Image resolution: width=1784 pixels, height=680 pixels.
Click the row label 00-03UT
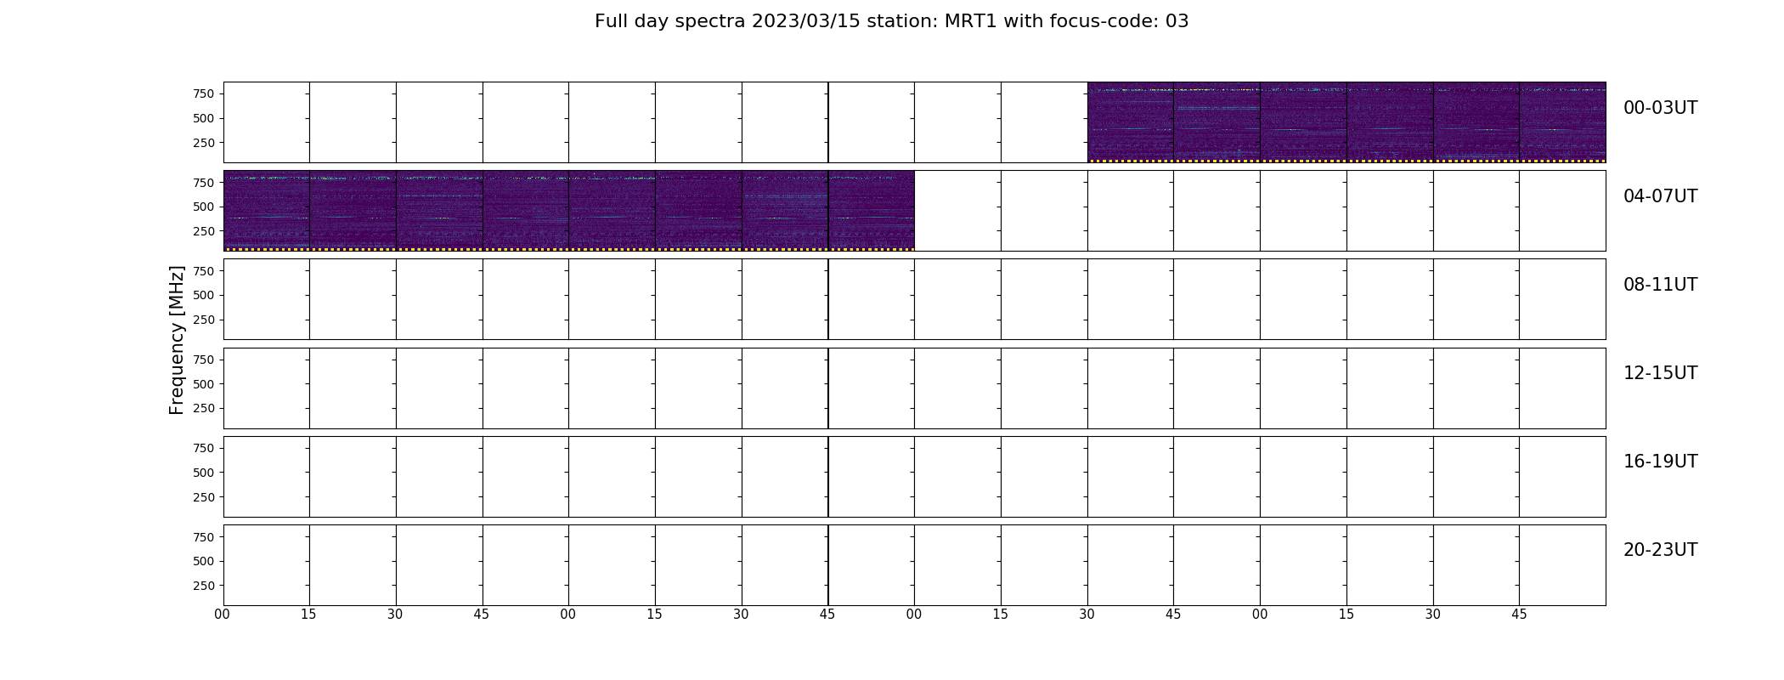1660,108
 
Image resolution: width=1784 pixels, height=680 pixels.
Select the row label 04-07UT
1660,196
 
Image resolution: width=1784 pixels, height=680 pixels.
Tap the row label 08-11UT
1660,285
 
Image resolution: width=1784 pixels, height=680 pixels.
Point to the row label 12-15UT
1660,373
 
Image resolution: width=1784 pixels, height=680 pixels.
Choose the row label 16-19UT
1660,462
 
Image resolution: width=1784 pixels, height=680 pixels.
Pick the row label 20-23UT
1660,550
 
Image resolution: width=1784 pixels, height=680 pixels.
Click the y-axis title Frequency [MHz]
177,340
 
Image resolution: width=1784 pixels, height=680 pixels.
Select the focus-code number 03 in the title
1177,21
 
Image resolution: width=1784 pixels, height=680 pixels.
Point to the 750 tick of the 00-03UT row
203,93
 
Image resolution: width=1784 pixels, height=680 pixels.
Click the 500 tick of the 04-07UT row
203,207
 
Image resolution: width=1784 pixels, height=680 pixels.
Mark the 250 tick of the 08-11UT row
203,320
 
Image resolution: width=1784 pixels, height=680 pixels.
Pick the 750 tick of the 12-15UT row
203,360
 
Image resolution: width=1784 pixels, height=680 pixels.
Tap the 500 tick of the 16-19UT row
203,473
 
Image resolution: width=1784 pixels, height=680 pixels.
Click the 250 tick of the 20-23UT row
203,586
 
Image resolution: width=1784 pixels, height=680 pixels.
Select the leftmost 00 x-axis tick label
223,615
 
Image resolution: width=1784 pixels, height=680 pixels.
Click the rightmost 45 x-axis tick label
1519,615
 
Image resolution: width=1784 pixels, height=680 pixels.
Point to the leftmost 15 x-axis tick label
309,615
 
